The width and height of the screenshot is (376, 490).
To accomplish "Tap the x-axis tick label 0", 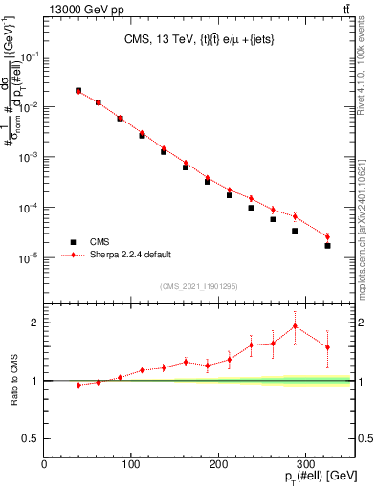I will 44,464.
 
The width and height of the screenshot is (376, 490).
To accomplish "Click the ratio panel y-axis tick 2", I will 34,323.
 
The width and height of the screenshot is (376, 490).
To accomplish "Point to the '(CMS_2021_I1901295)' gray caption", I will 199,286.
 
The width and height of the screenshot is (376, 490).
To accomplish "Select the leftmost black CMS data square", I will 78,91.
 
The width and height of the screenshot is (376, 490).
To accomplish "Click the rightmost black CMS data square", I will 327,246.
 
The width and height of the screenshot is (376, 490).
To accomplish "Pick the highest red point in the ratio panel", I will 295,326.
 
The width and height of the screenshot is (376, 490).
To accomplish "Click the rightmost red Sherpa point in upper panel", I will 327,236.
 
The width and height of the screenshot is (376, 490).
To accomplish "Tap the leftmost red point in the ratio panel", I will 78,385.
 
